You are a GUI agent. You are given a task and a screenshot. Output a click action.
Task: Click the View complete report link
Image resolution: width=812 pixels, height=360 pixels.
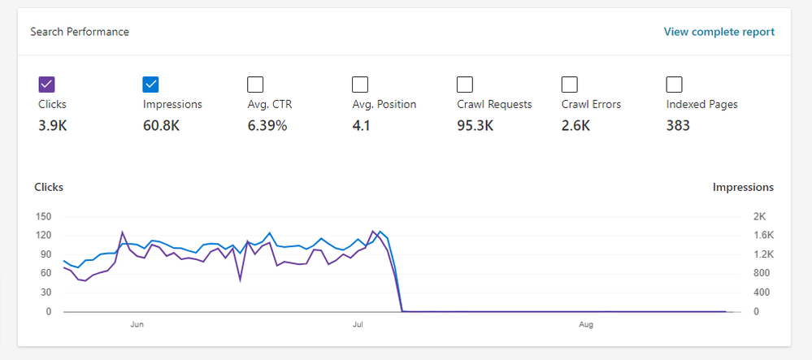pyautogui.click(x=719, y=32)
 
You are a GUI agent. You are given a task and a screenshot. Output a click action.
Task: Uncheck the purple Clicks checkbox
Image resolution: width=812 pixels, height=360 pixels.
pyautogui.click(x=46, y=85)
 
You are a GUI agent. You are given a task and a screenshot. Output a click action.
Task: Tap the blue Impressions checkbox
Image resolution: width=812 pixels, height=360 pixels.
pyautogui.click(x=150, y=85)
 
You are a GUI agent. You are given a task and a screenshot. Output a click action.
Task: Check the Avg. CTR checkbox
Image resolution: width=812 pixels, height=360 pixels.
pyautogui.click(x=255, y=85)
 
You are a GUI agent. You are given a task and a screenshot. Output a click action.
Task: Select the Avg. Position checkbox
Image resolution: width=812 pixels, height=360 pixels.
pyautogui.click(x=360, y=85)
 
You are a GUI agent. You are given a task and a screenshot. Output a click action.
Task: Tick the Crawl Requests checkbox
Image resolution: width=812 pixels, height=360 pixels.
pyautogui.click(x=465, y=85)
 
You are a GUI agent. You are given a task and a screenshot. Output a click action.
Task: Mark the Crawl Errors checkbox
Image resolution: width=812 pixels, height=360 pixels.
pyautogui.click(x=570, y=85)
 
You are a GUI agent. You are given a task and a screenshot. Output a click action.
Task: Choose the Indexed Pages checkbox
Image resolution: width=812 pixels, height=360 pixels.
pyautogui.click(x=674, y=85)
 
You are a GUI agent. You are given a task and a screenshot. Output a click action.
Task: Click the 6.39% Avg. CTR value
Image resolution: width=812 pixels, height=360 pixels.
pyautogui.click(x=267, y=125)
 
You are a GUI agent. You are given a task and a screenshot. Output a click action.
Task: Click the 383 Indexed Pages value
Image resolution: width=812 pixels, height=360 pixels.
pyautogui.click(x=678, y=125)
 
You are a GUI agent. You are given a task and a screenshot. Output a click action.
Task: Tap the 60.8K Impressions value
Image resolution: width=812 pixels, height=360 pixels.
pyautogui.click(x=163, y=125)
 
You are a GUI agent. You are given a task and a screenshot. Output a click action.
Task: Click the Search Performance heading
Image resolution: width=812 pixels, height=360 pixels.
pyautogui.click(x=80, y=32)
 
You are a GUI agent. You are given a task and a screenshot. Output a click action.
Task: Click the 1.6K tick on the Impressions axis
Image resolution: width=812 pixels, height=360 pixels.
pyautogui.click(x=764, y=235)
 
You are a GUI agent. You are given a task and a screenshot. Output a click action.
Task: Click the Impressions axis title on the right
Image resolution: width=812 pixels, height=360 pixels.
pyautogui.click(x=743, y=188)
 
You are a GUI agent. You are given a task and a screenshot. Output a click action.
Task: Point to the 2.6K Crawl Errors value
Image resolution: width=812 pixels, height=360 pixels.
pyautogui.click(x=575, y=125)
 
